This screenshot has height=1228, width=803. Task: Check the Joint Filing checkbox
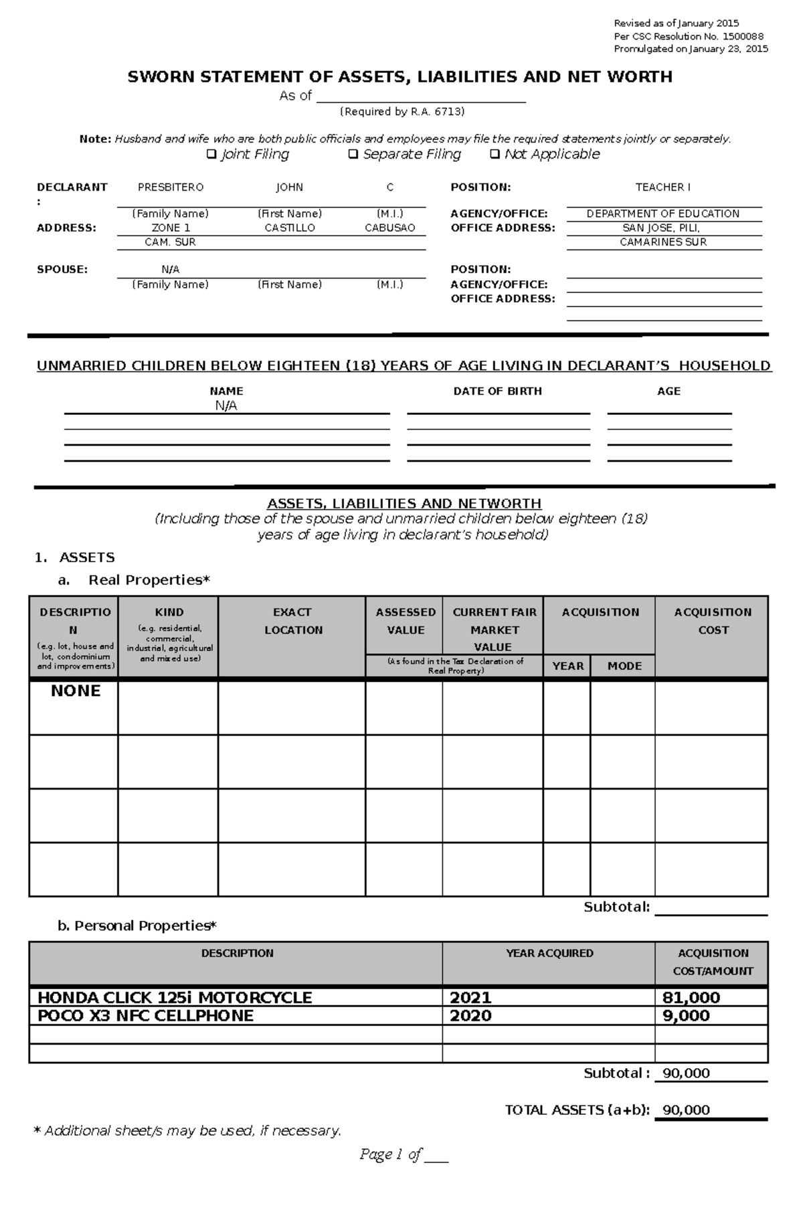pyautogui.click(x=211, y=155)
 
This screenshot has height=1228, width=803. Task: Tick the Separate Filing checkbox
pyautogui.click(x=353, y=155)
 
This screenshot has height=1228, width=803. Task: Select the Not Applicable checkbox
pyautogui.click(x=495, y=155)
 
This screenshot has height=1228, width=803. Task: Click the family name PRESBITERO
pyautogui.click(x=171, y=187)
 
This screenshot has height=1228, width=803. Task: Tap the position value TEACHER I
pyautogui.click(x=662, y=187)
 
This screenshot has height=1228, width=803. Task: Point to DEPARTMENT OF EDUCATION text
pyautogui.click(x=662, y=214)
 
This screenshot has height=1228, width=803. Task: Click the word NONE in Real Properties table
pyautogui.click(x=76, y=691)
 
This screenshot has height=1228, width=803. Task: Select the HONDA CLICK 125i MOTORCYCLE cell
pyautogui.click(x=175, y=998)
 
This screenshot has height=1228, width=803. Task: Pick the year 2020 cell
pyautogui.click(x=470, y=1016)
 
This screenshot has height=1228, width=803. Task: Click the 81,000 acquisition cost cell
pyautogui.click(x=691, y=998)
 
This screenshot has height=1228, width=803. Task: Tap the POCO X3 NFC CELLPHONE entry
pyautogui.click(x=145, y=1016)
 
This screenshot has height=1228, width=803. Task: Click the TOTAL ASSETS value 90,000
pyautogui.click(x=686, y=1110)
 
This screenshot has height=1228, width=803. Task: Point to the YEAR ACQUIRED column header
pyautogui.click(x=549, y=954)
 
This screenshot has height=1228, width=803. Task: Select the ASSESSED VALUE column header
pyautogui.click(x=406, y=621)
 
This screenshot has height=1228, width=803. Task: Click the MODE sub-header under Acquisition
pyautogui.click(x=624, y=666)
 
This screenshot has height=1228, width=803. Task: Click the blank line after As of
pyautogui.click(x=421, y=96)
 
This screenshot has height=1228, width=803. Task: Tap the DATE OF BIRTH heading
pyautogui.click(x=497, y=391)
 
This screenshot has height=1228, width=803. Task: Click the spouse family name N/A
pyautogui.click(x=171, y=270)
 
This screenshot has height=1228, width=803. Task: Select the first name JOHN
pyautogui.click(x=290, y=187)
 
